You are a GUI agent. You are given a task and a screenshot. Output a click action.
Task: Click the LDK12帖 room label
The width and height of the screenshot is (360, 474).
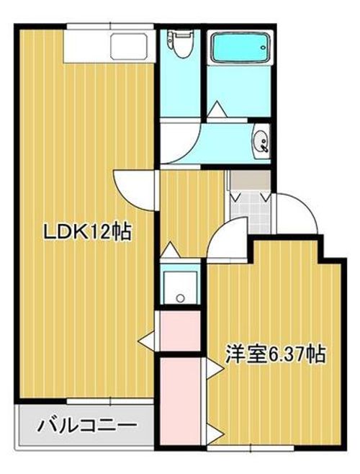pyautogui.click(x=88, y=232)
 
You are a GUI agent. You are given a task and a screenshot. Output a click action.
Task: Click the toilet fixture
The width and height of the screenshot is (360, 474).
pyautogui.click(x=181, y=45)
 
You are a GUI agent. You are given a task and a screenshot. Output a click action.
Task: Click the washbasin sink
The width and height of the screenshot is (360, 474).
pyautogui.click(x=261, y=141)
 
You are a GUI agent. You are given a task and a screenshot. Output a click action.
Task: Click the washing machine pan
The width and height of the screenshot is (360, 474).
pyautogui.click(x=180, y=287)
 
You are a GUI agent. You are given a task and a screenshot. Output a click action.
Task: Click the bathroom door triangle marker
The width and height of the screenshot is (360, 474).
pyautogui.click(x=217, y=109)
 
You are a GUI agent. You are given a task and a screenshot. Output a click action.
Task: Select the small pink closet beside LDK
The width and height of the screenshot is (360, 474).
pyautogui.click(x=180, y=331)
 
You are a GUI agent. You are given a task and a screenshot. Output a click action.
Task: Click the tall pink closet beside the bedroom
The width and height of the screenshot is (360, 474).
pyautogui.click(x=180, y=401)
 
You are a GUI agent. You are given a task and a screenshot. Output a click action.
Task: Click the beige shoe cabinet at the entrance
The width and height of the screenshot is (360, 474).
pyautogui.click(x=250, y=181)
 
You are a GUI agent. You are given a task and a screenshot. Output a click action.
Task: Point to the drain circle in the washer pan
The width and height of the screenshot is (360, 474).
pyautogui.click(x=181, y=298)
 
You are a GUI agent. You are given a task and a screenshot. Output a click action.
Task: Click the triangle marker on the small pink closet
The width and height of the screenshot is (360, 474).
pyautogui.click(x=147, y=341)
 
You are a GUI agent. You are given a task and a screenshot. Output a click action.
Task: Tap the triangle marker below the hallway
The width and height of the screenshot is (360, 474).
pyautogui.click(x=171, y=250)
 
